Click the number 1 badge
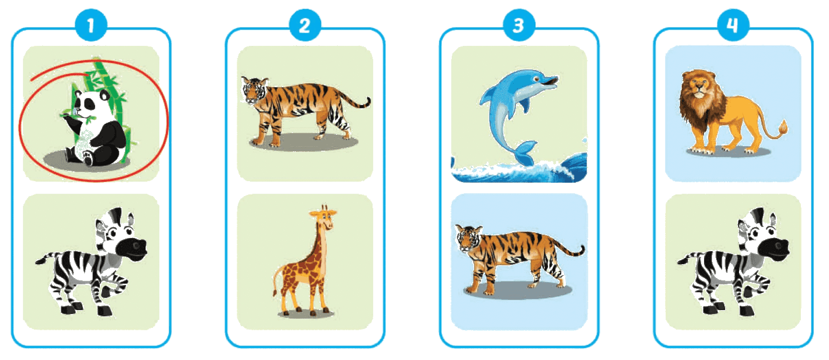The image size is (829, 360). [91, 25]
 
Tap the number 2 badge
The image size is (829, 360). [305, 25]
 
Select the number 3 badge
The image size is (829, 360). [519, 25]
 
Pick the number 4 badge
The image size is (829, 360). [733, 25]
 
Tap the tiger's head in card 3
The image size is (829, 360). [468, 238]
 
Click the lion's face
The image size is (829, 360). [698, 87]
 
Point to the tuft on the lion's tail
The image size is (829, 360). [783, 128]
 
